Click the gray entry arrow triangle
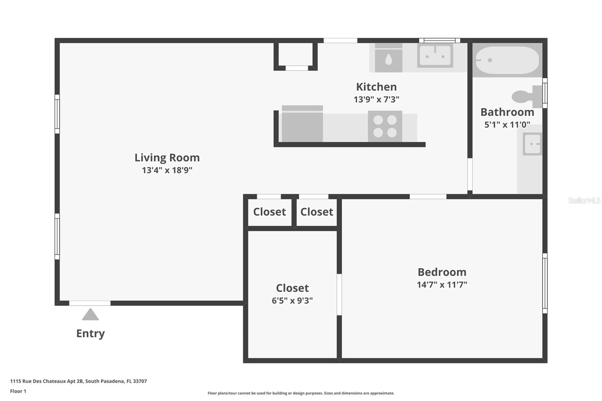click(90, 315)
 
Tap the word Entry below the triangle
click(90, 333)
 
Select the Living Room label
click(167, 158)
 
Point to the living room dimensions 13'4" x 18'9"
click(167, 170)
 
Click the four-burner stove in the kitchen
click(385, 126)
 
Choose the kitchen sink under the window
click(435, 56)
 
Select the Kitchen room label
click(376, 87)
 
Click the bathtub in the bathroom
click(507, 60)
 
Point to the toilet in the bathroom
click(526, 96)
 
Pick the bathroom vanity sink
click(532, 144)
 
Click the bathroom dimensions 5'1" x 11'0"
click(507, 125)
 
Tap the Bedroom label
click(442, 272)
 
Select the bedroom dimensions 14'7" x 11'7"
click(442, 284)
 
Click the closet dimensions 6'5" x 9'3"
click(292, 301)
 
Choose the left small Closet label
click(269, 212)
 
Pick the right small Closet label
click(316, 212)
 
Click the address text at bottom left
click(78, 381)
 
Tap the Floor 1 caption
click(18, 391)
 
